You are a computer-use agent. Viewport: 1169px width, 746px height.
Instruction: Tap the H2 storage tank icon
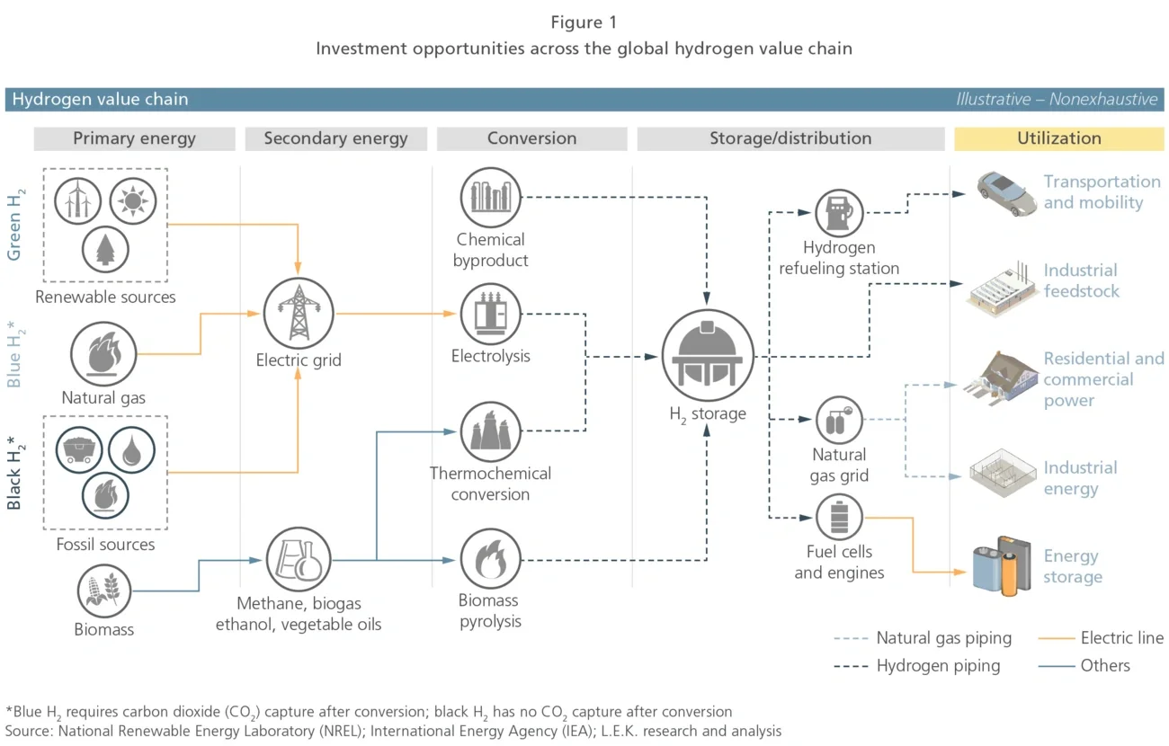[707, 357]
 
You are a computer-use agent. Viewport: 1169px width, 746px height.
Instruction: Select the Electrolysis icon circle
[491, 315]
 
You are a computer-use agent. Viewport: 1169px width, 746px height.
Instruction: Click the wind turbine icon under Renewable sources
[78, 200]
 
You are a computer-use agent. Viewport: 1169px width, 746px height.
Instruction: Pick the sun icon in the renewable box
[132, 200]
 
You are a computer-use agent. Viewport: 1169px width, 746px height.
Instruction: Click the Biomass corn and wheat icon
[105, 590]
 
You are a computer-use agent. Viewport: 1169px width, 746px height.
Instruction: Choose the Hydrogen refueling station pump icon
[838, 213]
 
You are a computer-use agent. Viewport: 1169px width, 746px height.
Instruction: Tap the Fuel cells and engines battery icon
[838, 517]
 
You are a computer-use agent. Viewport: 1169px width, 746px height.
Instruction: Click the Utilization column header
[1058, 138]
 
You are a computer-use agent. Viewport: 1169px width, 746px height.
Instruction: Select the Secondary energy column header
[335, 138]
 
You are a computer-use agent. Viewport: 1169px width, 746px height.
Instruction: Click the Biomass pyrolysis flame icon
[491, 559]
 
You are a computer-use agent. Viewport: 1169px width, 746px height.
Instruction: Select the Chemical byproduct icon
[491, 197]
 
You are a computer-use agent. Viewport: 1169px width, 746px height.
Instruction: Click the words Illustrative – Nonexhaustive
[1057, 100]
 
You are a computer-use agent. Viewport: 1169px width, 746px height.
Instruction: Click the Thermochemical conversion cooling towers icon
[491, 431]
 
